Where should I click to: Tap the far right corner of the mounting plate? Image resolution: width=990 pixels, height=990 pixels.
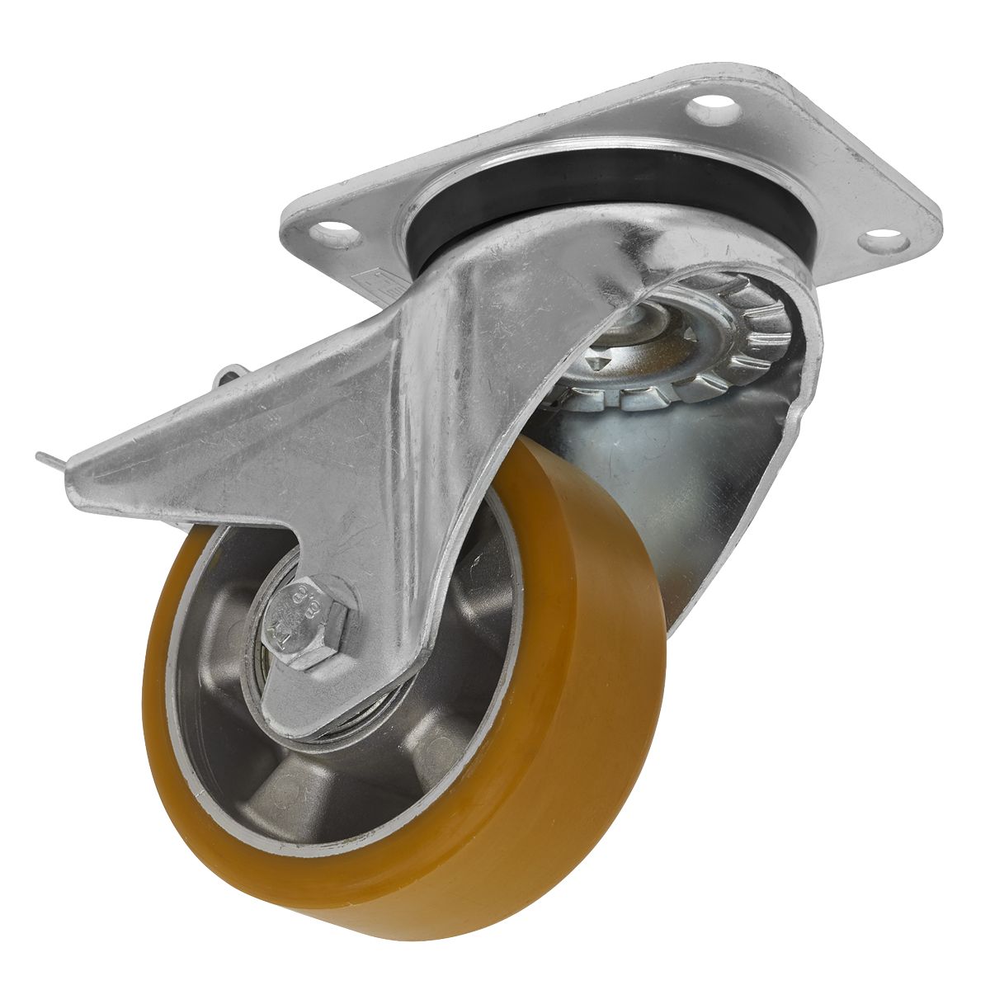936,210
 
